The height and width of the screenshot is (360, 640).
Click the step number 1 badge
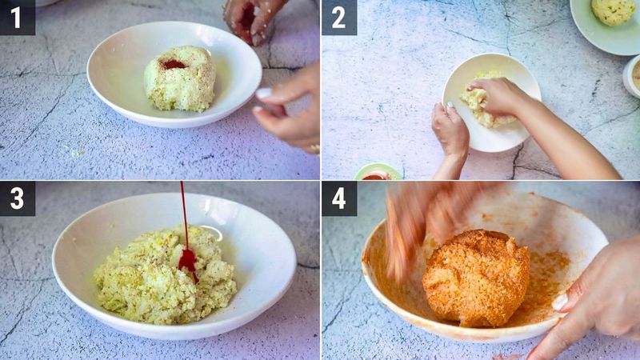(x=17, y=17)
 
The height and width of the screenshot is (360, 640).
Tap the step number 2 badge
(x=339, y=17)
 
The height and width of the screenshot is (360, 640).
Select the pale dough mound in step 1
(x=179, y=80)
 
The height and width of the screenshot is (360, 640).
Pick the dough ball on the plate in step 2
(x=612, y=11)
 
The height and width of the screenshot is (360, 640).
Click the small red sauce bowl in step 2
(x=377, y=172)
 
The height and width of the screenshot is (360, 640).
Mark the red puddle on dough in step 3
(x=188, y=260)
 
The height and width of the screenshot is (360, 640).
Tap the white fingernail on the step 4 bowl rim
(x=560, y=302)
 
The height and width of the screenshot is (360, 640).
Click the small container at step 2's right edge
(x=631, y=76)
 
